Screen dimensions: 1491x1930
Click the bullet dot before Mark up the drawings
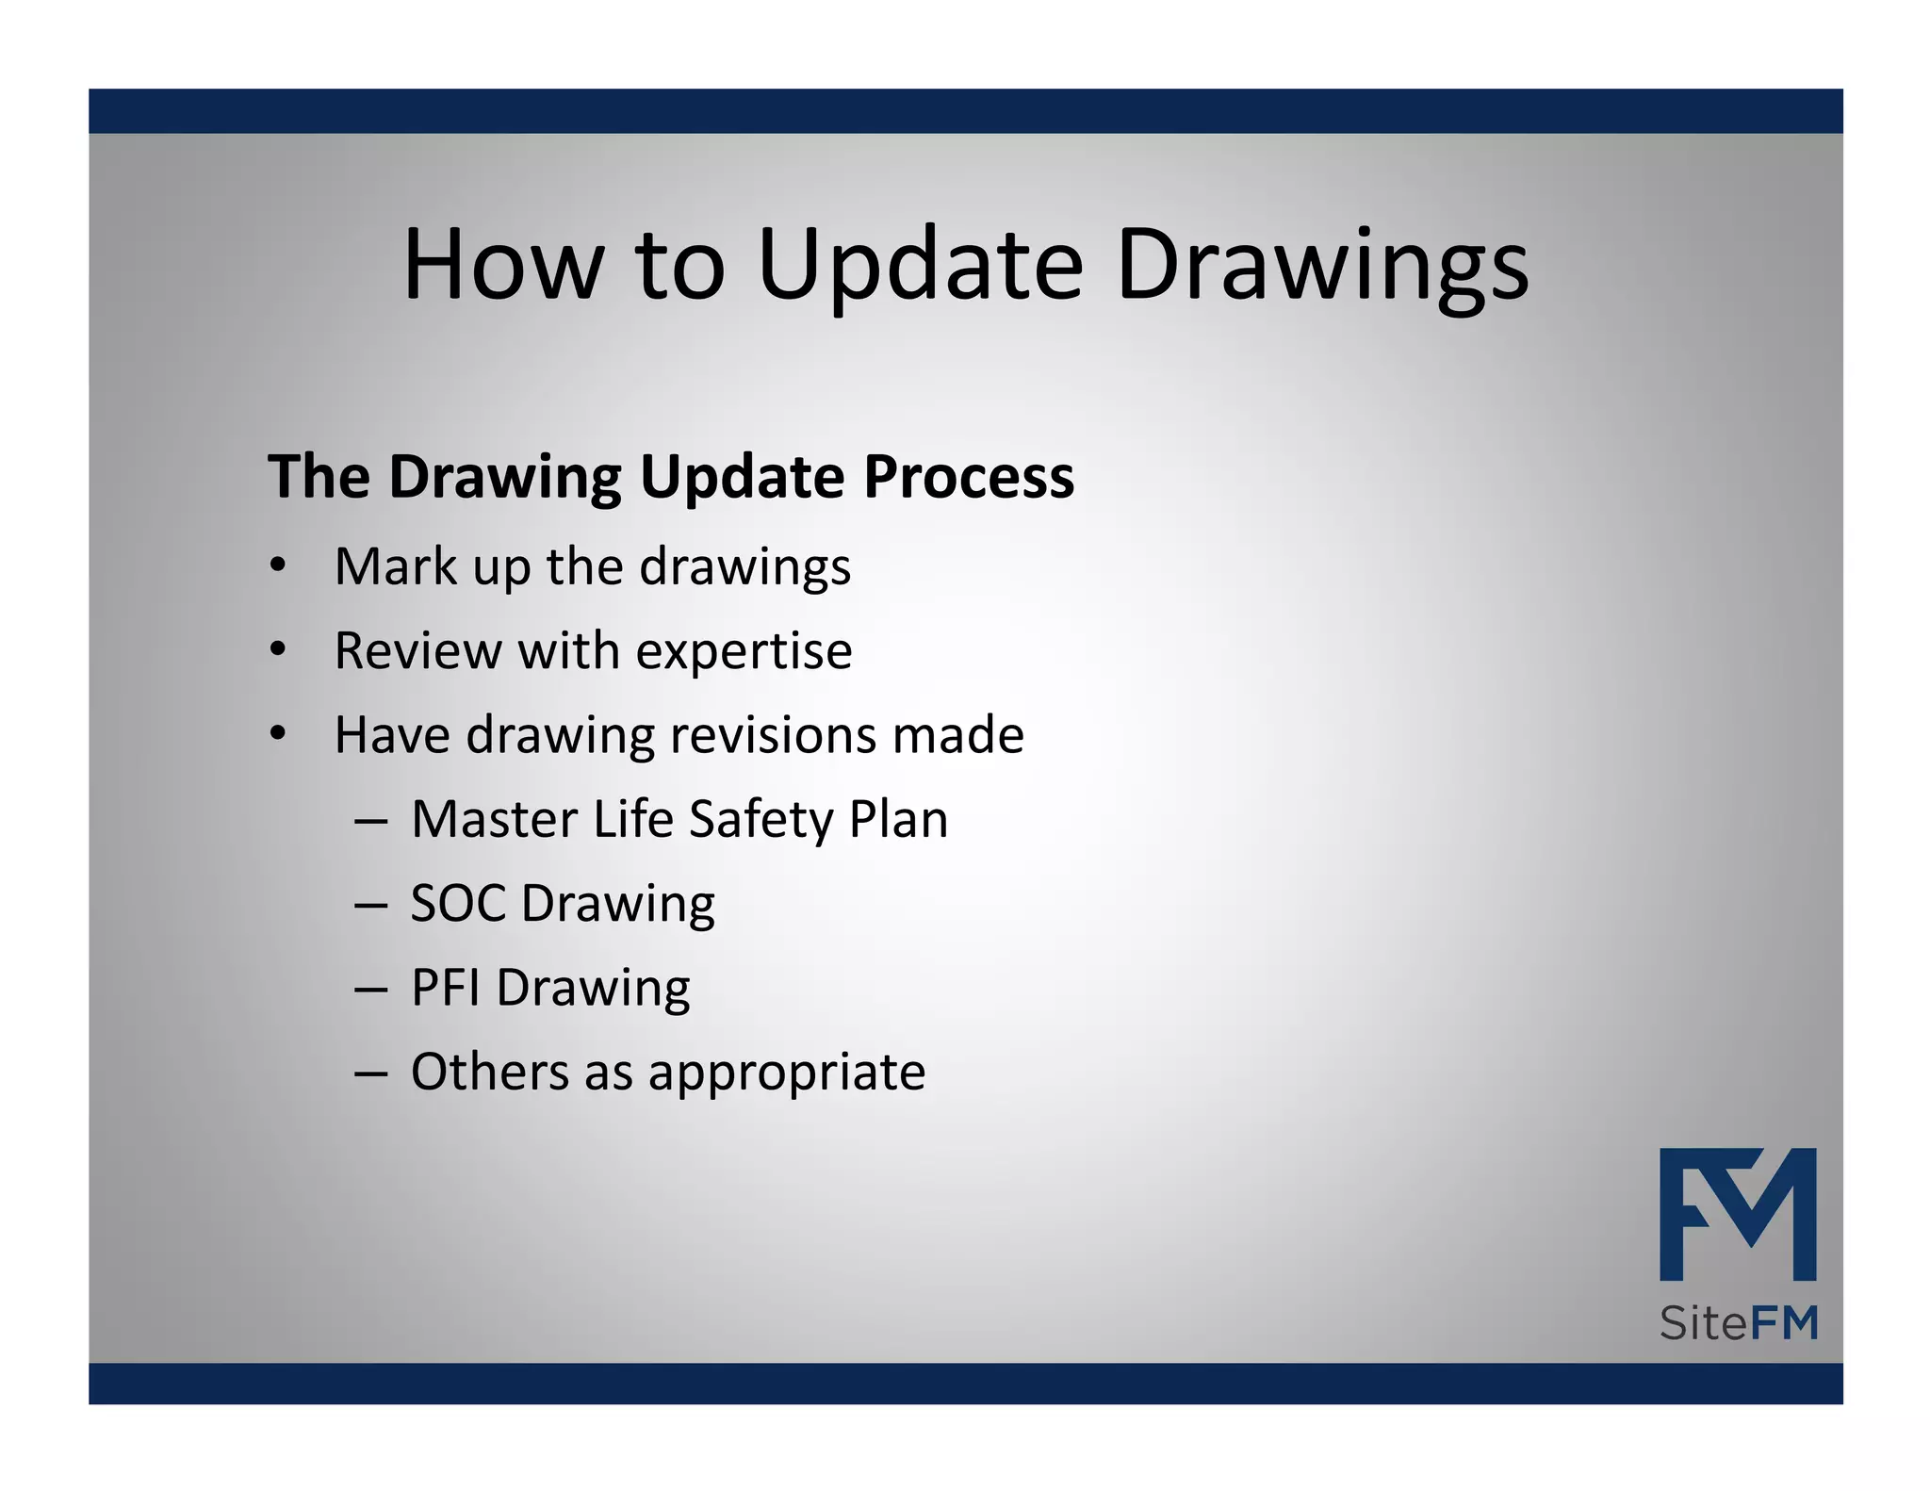click(x=277, y=565)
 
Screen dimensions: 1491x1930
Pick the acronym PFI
click(x=446, y=987)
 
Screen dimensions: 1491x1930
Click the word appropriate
click(x=787, y=1072)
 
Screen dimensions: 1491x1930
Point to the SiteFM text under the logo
click(x=1738, y=1323)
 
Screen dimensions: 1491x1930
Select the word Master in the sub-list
click(x=494, y=818)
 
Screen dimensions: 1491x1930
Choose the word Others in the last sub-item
click(x=490, y=1072)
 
